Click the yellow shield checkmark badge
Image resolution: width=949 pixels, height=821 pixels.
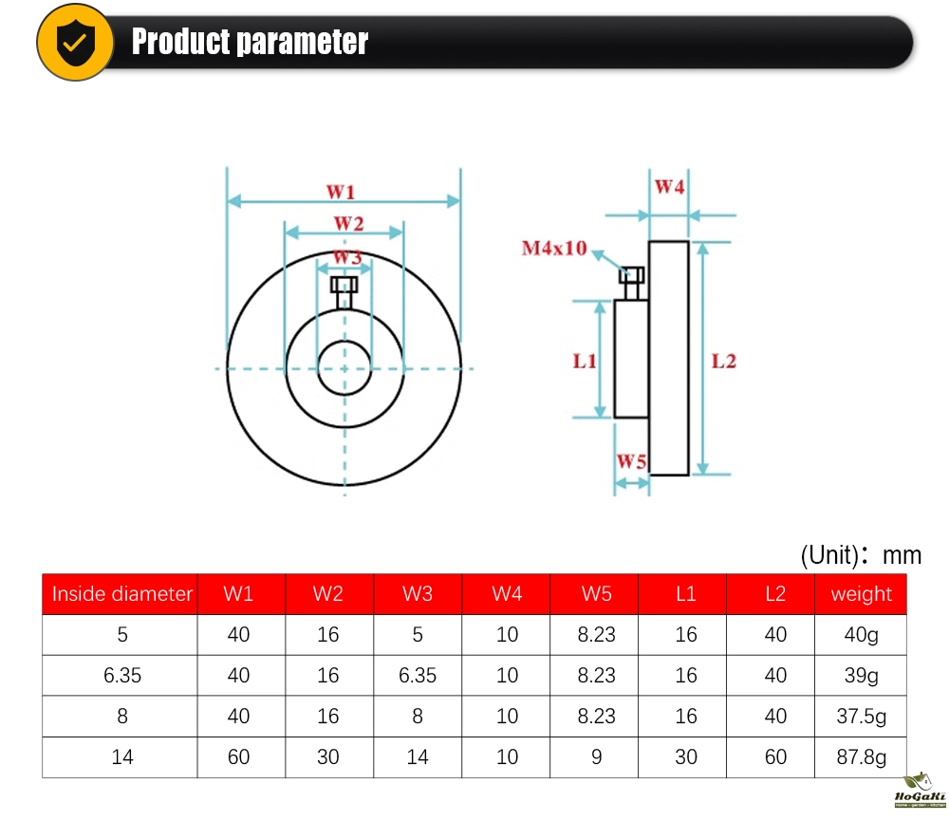(x=75, y=42)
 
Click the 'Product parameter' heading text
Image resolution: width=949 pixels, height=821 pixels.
(x=250, y=42)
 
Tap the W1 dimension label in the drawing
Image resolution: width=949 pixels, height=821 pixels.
(x=340, y=192)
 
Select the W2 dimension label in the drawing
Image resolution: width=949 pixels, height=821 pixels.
(x=348, y=223)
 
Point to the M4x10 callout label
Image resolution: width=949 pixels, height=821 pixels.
(x=554, y=248)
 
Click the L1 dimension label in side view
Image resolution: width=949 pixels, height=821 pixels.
(x=585, y=361)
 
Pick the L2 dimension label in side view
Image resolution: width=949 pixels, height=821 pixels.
(x=723, y=361)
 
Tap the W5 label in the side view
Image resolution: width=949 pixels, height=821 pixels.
(x=631, y=461)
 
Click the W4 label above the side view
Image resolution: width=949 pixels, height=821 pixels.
(x=669, y=186)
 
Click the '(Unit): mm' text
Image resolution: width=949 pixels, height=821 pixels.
(x=861, y=554)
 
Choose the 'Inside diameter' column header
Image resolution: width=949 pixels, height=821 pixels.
(x=121, y=593)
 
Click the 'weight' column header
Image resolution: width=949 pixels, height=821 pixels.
(x=862, y=594)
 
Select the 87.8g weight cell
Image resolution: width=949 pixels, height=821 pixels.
(x=862, y=756)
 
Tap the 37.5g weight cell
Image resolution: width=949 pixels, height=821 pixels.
(x=862, y=717)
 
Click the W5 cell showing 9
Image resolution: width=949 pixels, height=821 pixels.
(x=597, y=756)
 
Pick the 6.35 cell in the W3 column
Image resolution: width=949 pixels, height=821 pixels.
(x=418, y=675)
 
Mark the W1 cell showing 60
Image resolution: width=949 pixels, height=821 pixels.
(x=238, y=756)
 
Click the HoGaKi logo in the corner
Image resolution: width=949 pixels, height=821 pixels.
(x=920, y=790)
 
